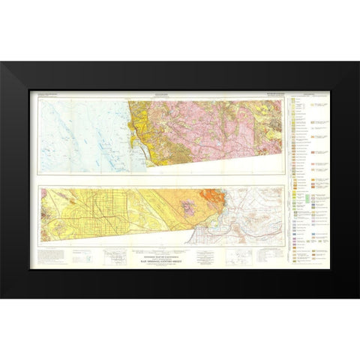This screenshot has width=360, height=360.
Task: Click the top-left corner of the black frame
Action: coord(1,60)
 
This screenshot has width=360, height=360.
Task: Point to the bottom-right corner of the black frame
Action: coord(358,299)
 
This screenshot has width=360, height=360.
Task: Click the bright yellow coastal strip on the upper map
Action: coord(135,127)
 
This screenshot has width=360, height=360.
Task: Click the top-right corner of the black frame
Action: coord(358,60)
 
